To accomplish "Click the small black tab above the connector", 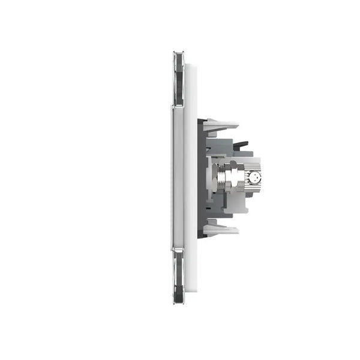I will click(241, 144).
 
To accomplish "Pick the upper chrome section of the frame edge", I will click(178, 78).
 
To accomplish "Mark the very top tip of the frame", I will click(178, 52).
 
